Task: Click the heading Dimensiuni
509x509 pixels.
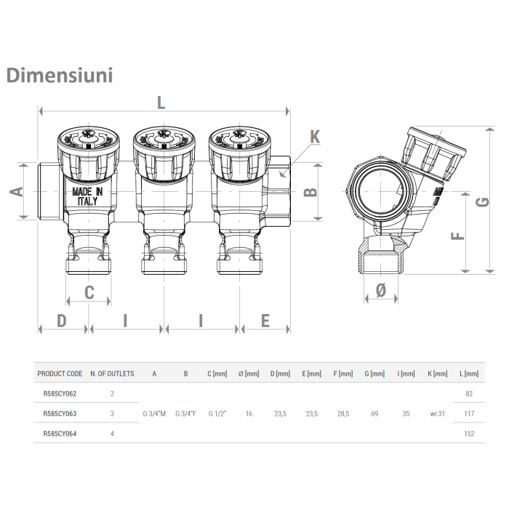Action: [59, 76]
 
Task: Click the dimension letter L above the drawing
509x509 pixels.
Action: [161, 103]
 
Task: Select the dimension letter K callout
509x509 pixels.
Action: [315, 137]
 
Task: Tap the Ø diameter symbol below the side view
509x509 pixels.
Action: [380, 291]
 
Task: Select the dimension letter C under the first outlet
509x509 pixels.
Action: [89, 292]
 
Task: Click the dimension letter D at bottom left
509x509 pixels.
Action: [62, 320]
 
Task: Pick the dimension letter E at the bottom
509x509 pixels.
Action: [265, 320]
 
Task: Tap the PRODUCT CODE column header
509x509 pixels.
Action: [60, 374]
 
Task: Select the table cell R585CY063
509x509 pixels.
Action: [60, 414]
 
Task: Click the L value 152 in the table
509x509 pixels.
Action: [470, 433]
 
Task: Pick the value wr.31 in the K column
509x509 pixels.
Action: [438, 414]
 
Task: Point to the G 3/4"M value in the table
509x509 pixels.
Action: [154, 414]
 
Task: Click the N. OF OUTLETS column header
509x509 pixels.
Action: [112, 374]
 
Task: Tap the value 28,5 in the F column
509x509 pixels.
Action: [342, 414]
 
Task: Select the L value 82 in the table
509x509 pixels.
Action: [470, 393]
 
